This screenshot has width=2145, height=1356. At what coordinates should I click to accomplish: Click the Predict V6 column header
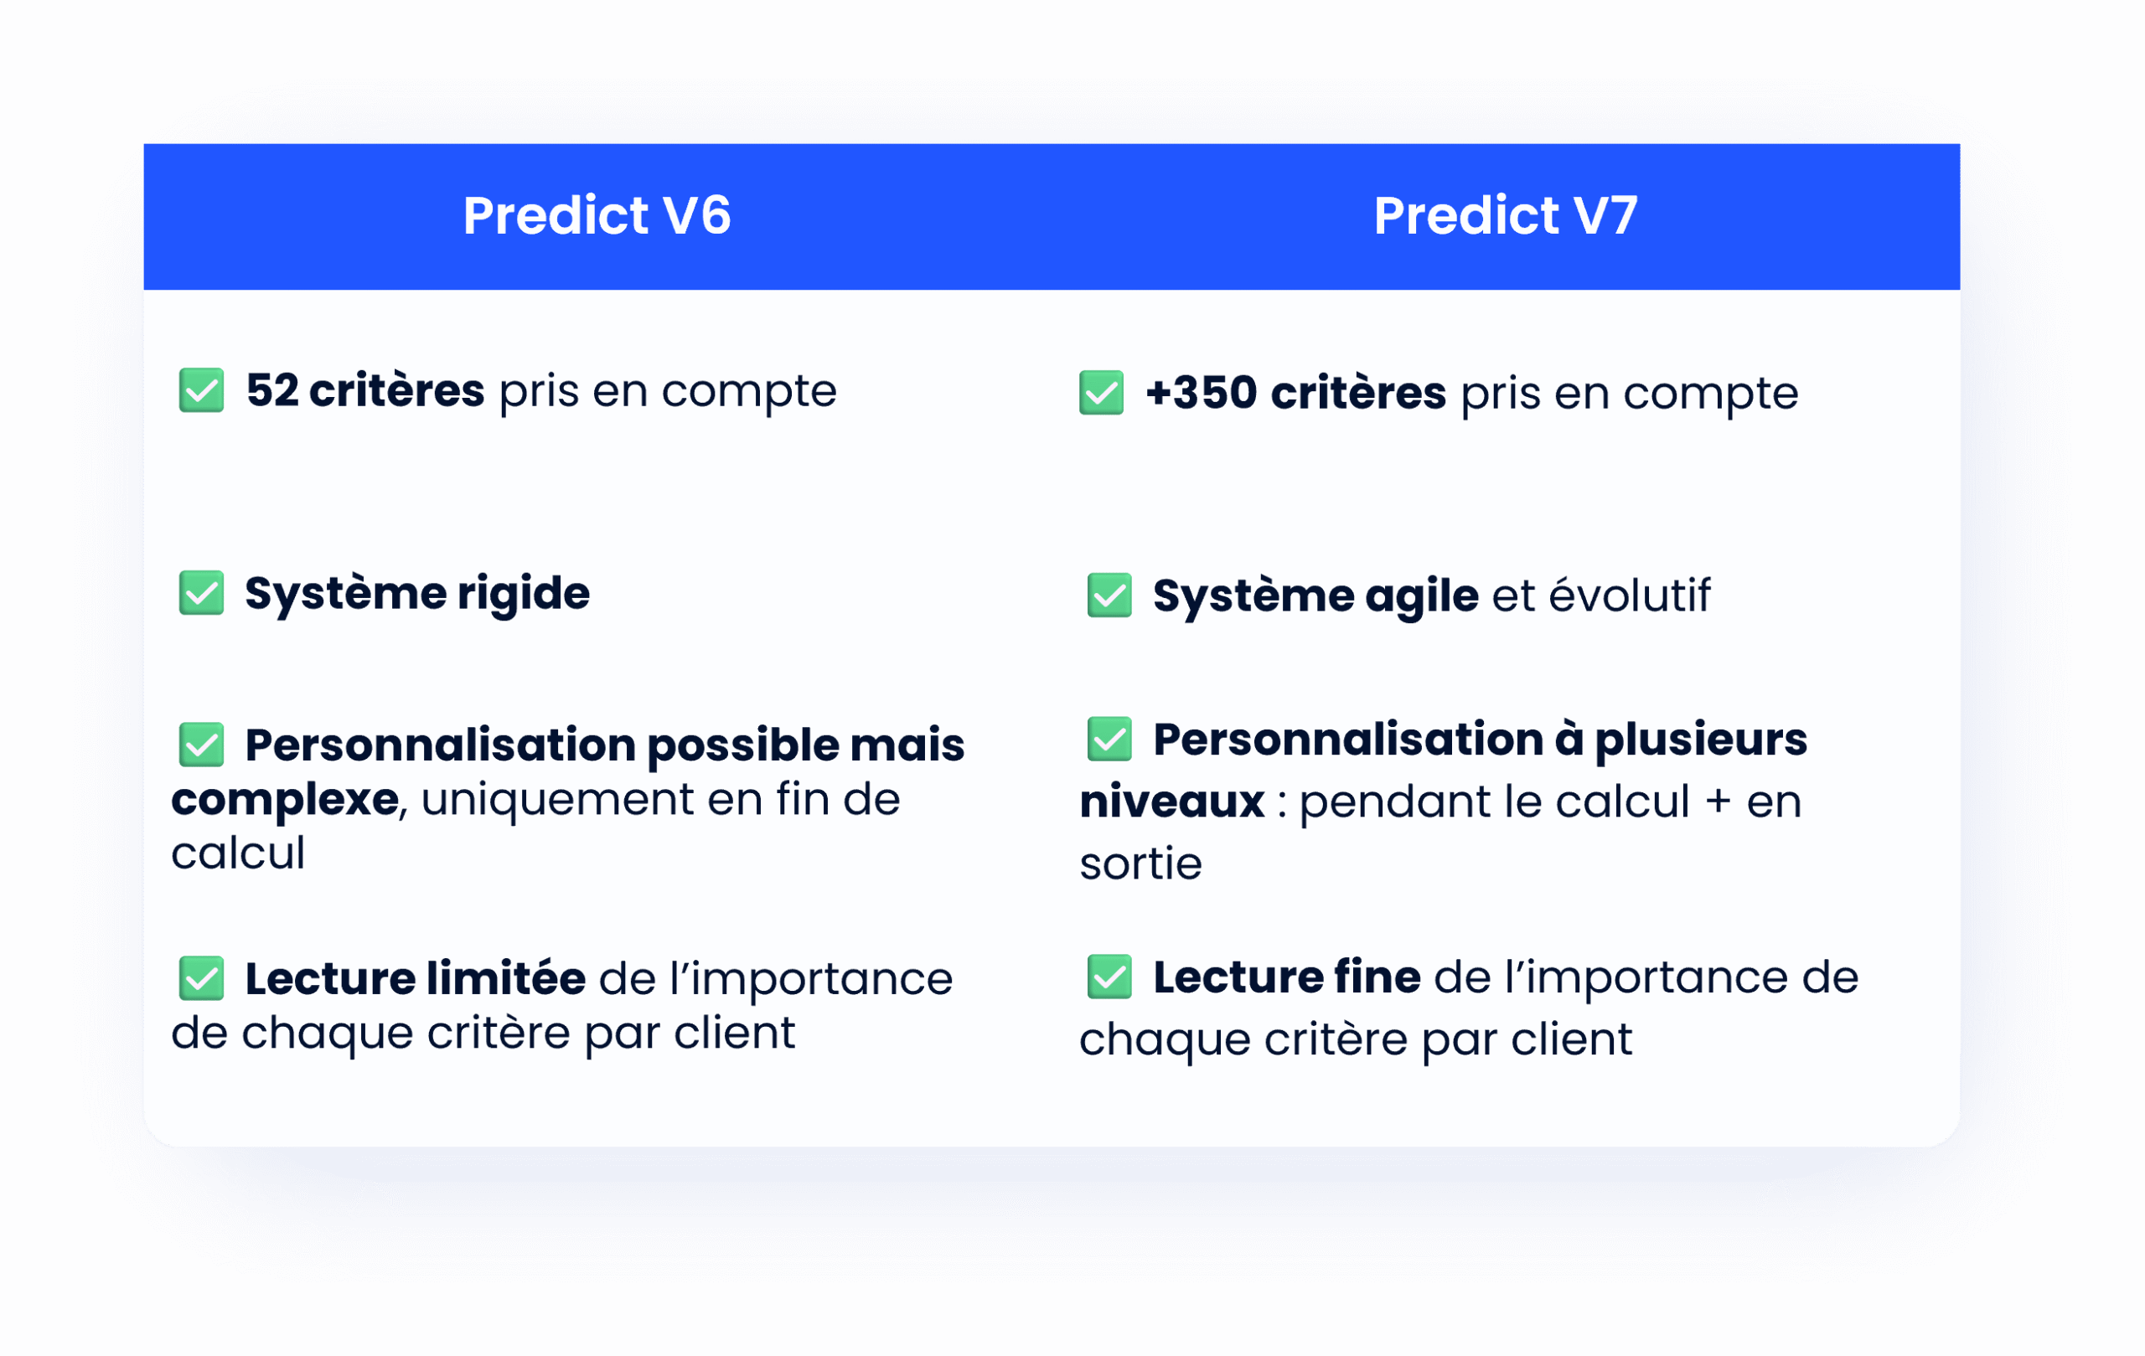[596, 215]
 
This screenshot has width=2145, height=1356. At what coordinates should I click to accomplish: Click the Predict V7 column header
[1505, 215]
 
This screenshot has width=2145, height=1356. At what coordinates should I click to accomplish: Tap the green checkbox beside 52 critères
[201, 390]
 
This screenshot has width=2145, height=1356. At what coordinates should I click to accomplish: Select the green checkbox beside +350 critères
[1101, 393]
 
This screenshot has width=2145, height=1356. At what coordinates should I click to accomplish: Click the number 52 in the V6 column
[271, 390]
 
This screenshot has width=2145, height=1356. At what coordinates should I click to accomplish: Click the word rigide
[523, 594]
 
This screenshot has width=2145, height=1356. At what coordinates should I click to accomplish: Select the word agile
[1421, 596]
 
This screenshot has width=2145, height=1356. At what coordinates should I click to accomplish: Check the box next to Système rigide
[201, 593]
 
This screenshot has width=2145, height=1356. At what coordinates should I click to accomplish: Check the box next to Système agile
[1109, 596]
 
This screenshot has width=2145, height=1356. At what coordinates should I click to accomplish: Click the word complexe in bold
[284, 800]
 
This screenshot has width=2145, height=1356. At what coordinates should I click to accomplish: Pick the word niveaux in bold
[1171, 802]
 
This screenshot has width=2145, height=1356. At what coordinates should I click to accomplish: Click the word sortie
[1140, 864]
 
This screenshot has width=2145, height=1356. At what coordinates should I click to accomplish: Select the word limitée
[505, 978]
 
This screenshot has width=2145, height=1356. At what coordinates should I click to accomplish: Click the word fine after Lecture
[1377, 977]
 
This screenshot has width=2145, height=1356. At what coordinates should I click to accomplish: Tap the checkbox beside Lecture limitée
[201, 978]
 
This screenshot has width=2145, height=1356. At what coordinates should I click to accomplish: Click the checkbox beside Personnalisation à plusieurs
[1109, 739]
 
